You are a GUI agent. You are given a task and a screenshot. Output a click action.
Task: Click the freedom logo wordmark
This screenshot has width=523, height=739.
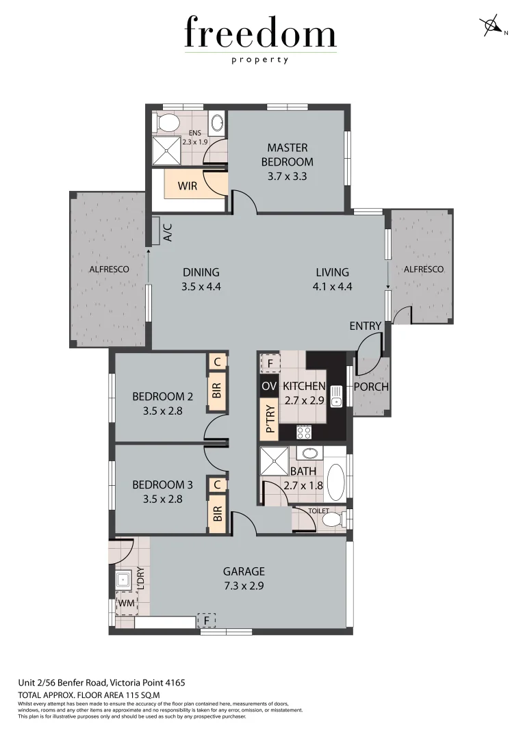(260, 34)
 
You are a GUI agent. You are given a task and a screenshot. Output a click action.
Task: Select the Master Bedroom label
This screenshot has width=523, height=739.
(288, 155)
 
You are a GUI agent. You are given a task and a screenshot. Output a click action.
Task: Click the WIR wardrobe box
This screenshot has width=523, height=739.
(188, 185)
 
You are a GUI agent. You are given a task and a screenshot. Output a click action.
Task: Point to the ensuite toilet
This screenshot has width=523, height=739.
(166, 124)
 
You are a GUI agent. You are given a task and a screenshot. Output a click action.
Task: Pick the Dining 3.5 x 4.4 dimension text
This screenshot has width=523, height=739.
(201, 287)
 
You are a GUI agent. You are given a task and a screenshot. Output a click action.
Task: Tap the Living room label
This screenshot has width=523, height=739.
(332, 272)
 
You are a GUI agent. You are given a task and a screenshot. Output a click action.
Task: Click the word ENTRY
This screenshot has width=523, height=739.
(365, 326)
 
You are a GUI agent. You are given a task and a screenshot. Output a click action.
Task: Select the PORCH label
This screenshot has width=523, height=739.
(371, 387)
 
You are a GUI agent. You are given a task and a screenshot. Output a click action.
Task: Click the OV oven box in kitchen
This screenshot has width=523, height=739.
(269, 386)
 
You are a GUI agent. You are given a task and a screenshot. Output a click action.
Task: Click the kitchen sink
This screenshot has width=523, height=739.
(337, 394)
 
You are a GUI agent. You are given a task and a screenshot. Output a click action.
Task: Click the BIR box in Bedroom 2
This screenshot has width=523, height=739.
(217, 391)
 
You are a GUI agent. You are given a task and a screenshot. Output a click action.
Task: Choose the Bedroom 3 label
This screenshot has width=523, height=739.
(162, 484)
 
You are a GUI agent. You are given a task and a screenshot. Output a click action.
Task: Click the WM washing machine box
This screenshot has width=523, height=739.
(126, 603)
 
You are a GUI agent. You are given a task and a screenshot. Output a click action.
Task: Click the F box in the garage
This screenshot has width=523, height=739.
(207, 620)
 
